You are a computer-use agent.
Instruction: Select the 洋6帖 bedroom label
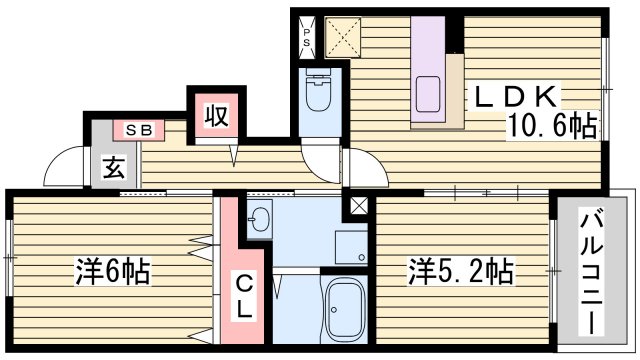[113, 272]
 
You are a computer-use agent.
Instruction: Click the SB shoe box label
[139, 129]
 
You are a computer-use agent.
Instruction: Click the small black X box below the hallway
[355, 208]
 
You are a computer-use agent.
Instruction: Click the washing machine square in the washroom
[352, 246]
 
